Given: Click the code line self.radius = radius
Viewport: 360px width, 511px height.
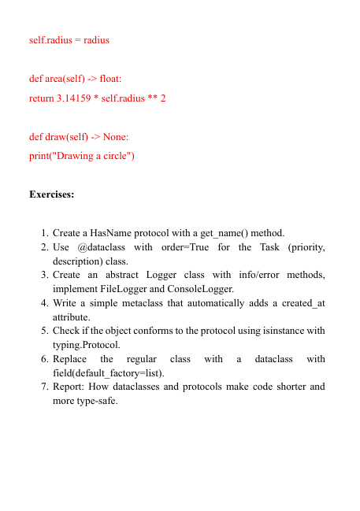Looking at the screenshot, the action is click(69, 39).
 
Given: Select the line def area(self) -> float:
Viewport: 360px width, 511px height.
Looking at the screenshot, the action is click(76, 80).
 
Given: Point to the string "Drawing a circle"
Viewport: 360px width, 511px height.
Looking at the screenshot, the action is click(92, 155).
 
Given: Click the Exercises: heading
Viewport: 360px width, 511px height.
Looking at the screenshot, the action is click(52, 194).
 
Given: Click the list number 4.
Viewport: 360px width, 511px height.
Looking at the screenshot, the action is click(45, 303).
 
